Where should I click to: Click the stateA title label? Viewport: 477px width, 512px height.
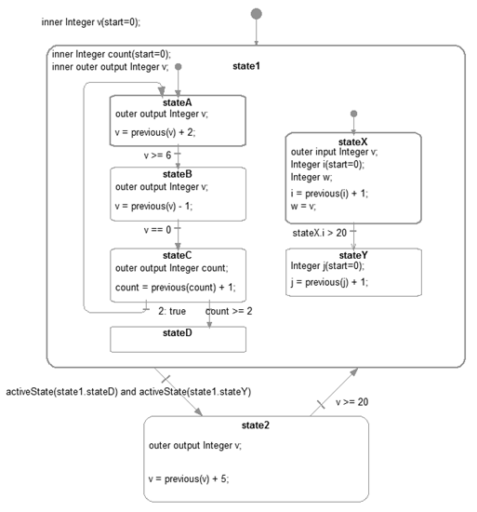(x=177, y=101)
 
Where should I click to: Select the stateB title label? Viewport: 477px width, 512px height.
(x=177, y=173)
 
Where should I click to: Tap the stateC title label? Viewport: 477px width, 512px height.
(x=177, y=255)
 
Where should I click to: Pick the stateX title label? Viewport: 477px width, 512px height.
(x=353, y=140)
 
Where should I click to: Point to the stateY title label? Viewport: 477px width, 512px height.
(x=353, y=255)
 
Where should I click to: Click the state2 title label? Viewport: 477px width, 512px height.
(x=255, y=425)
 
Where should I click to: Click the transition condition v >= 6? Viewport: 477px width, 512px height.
(x=157, y=155)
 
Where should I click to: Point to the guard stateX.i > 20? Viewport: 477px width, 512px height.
(x=318, y=233)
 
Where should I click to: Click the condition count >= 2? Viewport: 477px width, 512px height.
(x=229, y=311)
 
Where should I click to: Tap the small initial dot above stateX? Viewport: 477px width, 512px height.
(x=353, y=115)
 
